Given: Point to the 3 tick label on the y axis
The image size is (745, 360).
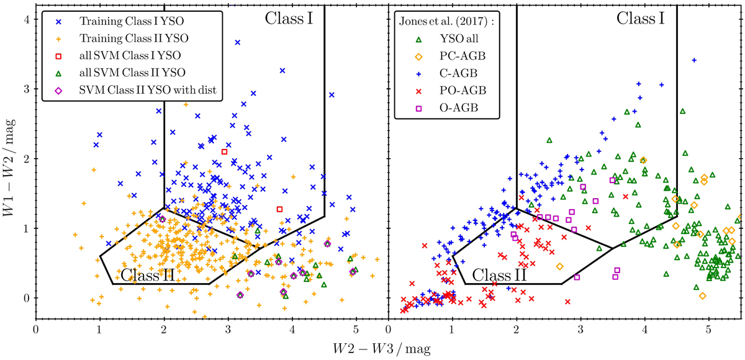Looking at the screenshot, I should [x=27, y=89].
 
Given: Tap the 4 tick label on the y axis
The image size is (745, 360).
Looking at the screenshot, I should [x=27, y=19].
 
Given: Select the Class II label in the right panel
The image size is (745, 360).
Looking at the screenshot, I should [x=499, y=274].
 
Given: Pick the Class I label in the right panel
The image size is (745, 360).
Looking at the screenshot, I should [x=641, y=18].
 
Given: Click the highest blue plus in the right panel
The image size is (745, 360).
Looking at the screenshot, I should [x=694, y=60].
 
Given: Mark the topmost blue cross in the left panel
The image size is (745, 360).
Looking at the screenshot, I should [x=237, y=42].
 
